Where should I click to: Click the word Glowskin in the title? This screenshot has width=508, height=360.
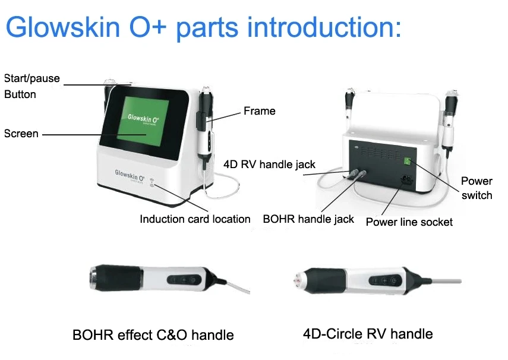click(63, 27)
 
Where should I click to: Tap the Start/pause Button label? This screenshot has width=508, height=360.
click(31, 86)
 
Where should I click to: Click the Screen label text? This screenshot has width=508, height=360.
click(21, 134)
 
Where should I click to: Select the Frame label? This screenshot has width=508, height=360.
click(260, 111)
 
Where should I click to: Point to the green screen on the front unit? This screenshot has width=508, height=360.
click(143, 122)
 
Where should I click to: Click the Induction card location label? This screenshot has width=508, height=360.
click(195, 219)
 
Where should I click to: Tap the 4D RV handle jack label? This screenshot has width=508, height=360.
click(269, 165)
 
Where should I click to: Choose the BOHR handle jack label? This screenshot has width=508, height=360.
click(308, 219)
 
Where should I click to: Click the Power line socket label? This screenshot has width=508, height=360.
click(409, 222)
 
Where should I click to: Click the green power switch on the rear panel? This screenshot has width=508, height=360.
click(407, 162)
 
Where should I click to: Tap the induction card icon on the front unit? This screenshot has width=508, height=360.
click(152, 182)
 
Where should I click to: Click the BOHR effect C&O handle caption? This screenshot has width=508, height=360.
click(153, 335)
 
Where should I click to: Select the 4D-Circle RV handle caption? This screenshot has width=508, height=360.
click(368, 334)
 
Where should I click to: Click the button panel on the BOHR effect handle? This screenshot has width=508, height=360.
click(184, 280)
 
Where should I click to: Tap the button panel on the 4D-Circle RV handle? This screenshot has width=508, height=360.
click(385, 280)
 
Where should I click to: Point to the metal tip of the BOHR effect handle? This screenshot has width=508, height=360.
click(94, 277)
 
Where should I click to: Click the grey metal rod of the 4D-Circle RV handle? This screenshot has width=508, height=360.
click(442, 281)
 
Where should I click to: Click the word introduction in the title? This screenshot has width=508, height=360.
click(324, 27)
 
